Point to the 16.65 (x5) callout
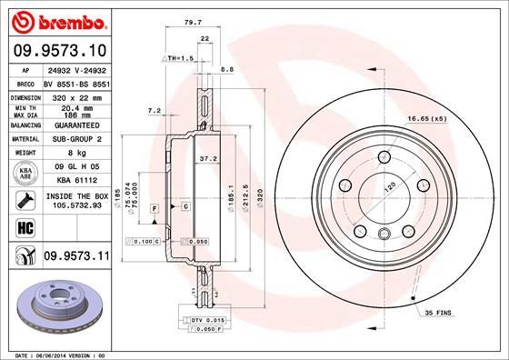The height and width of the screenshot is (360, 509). click(430, 119)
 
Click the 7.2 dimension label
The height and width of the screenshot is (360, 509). click(154, 110)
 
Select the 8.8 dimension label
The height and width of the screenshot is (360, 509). click(227, 69)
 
